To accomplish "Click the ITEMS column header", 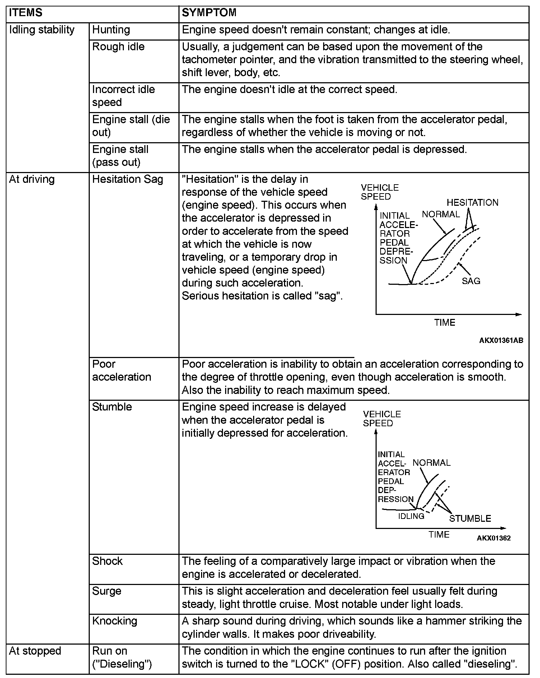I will tap(25, 13).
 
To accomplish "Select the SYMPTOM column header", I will tap(209, 13).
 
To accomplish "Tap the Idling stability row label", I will tap(42, 30).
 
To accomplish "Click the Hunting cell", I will tap(111, 30).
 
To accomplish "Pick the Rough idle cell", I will tap(118, 47).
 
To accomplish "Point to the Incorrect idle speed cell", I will tap(123, 96).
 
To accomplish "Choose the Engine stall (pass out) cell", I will tap(120, 156).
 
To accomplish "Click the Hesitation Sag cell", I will tap(127, 179).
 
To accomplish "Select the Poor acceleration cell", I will tap(121, 371).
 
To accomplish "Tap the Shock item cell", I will tap(107, 561).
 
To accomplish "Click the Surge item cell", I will tap(107, 591).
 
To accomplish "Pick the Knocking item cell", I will tap(115, 621).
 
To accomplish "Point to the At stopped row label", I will tap(35, 651).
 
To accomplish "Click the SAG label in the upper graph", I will tap(471, 281).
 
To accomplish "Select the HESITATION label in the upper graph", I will tap(472, 203).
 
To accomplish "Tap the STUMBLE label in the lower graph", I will tap(470, 518).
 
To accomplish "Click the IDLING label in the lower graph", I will tap(411, 516).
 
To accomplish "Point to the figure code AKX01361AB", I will tap(501, 340).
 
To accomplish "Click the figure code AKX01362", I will tap(494, 538).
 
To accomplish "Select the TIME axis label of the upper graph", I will tap(444, 322).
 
